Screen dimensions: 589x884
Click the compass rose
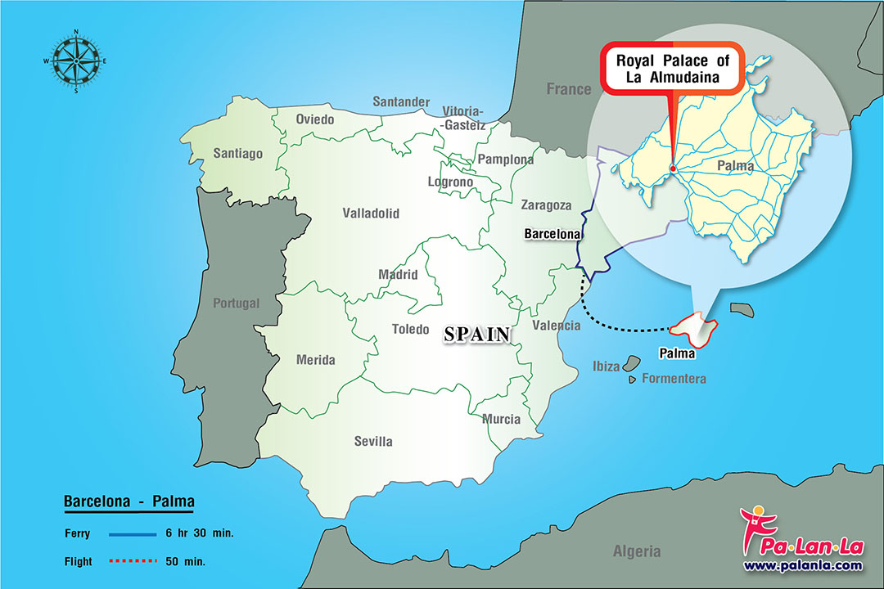pyautogui.click(x=75, y=61)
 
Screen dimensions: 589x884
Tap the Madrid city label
pyautogui.click(x=398, y=275)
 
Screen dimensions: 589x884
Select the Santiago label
pyautogui.click(x=237, y=153)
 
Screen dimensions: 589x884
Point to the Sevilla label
pyautogui.click(x=373, y=441)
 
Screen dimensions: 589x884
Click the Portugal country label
pyautogui.click(x=236, y=303)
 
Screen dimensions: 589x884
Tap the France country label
pyautogui.click(x=568, y=88)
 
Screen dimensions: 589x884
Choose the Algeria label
pyautogui.click(x=636, y=551)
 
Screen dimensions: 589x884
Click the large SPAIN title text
pyautogui.click(x=477, y=334)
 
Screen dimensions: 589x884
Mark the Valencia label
pyautogui.click(x=556, y=326)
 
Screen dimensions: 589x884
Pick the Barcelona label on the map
pyautogui.click(x=552, y=234)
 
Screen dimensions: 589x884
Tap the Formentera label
pyautogui.click(x=673, y=379)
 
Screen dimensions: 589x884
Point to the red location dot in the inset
pyautogui.click(x=672, y=169)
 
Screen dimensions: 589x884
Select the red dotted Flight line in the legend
pyautogui.click(x=132, y=561)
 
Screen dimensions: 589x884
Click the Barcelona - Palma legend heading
pyautogui.click(x=129, y=501)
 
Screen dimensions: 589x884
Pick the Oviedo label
pyautogui.click(x=315, y=119)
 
